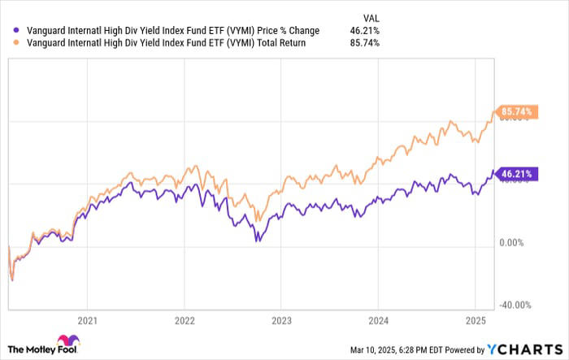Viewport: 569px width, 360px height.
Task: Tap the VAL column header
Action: (371, 16)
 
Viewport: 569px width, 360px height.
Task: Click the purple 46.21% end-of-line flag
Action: (513, 173)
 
